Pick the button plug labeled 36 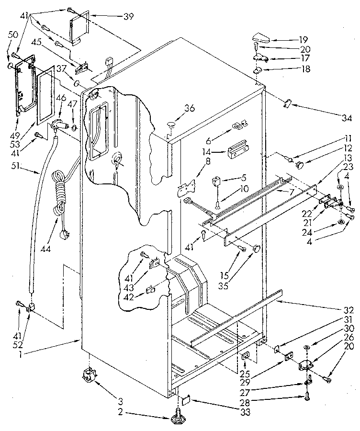point(170,125)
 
